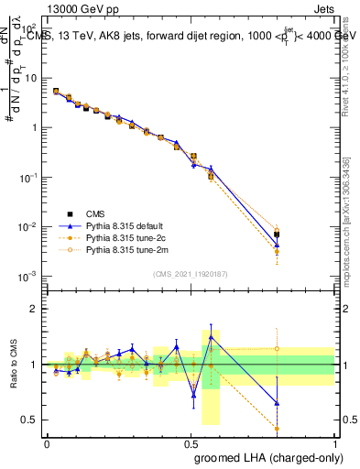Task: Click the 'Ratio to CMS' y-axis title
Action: pyautogui.click(x=15, y=365)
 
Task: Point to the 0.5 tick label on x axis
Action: pyautogui.click(x=190, y=442)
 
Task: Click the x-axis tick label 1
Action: pyautogui.click(x=334, y=442)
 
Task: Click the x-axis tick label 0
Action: pyautogui.click(x=47, y=442)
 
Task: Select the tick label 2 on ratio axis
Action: pyautogui.click(x=35, y=309)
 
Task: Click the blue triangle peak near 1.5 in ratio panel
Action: pyautogui.click(x=212, y=336)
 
